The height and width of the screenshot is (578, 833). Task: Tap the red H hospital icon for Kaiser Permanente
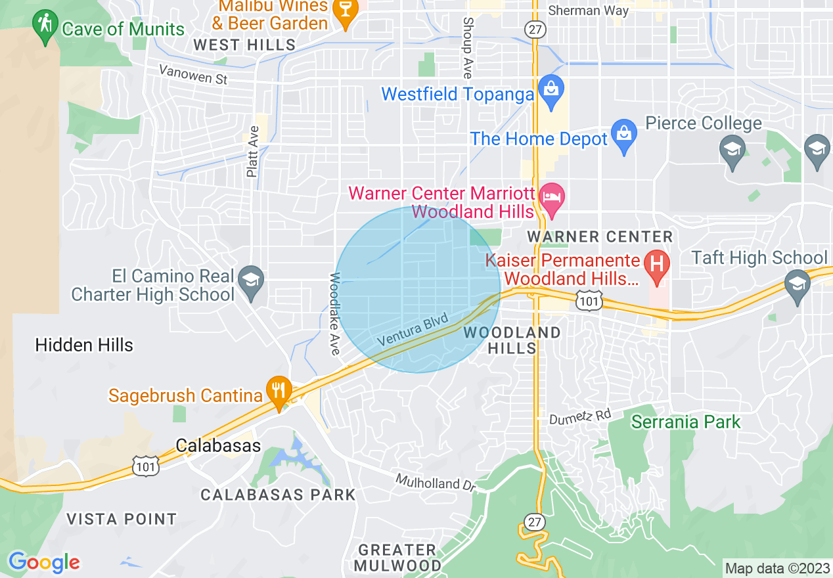(x=656, y=264)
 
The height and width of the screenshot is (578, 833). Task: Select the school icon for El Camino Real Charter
(x=250, y=282)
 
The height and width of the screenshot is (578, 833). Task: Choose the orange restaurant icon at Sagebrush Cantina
(x=279, y=391)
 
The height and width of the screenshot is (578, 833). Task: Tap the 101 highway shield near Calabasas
(x=143, y=466)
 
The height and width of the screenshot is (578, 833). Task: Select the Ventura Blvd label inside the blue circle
(x=413, y=330)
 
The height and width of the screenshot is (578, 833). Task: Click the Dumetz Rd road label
(x=580, y=416)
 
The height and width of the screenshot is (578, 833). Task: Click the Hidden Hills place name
(x=84, y=345)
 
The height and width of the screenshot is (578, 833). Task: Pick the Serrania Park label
(x=686, y=422)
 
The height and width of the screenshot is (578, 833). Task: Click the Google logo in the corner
(x=43, y=562)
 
